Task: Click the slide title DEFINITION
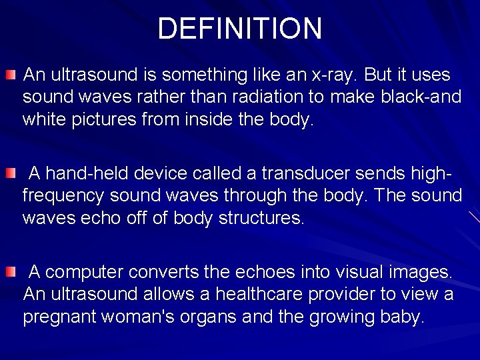pyautogui.click(x=240, y=28)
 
